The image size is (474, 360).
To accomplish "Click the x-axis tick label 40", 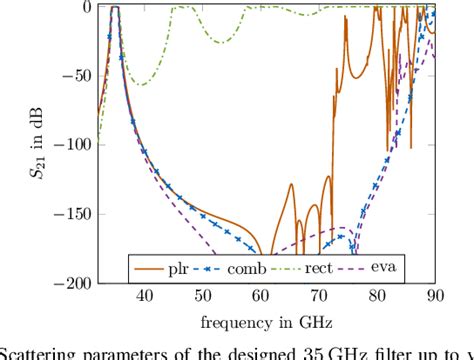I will click(x=145, y=297).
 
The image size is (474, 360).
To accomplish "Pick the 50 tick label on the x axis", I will click(x=203, y=297).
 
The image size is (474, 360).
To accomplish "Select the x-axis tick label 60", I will click(x=261, y=297).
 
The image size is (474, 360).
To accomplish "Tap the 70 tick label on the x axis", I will click(x=319, y=297).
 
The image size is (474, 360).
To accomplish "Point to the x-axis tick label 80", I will click(x=377, y=297).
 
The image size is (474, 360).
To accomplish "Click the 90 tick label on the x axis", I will click(x=434, y=297).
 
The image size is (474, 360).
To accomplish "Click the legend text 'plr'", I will click(x=179, y=270).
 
